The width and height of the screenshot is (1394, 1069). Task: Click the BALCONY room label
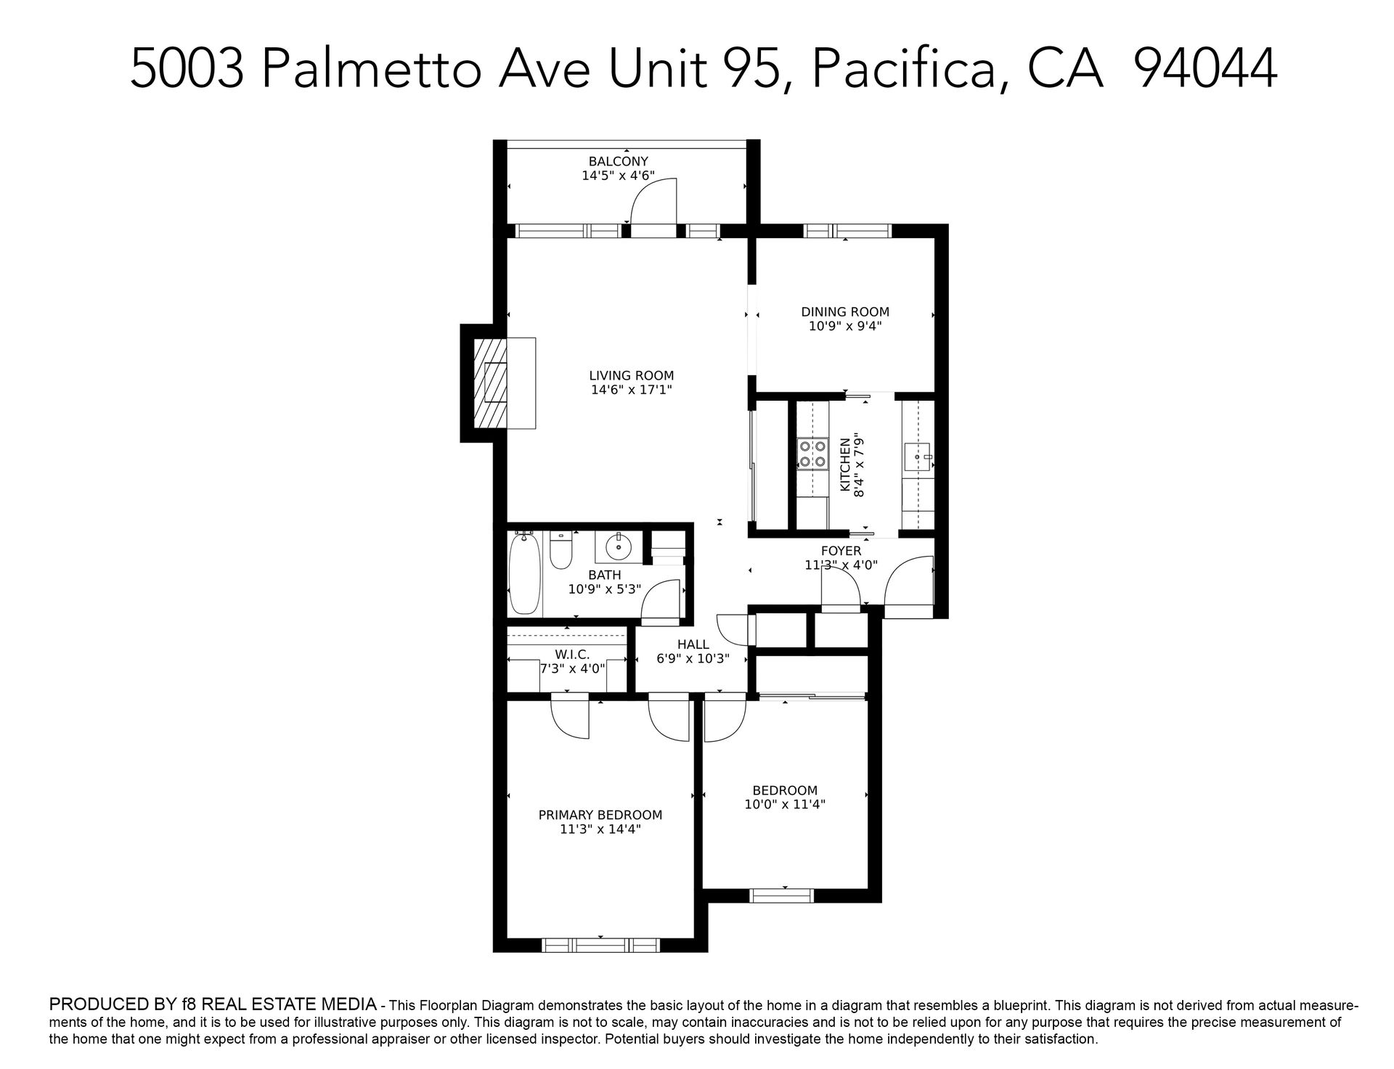[x=618, y=161]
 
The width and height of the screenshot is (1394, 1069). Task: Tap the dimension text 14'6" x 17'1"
[x=631, y=390]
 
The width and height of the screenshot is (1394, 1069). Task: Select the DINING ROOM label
[x=845, y=312]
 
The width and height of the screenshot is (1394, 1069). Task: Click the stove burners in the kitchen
[x=812, y=453]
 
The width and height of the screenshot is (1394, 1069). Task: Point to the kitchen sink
[x=918, y=457]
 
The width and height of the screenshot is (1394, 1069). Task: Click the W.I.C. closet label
[x=572, y=655]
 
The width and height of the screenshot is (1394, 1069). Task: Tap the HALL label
[x=693, y=644]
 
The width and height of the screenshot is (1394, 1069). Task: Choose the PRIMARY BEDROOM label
[x=600, y=815]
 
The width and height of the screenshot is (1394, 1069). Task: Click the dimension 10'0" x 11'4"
[x=785, y=804]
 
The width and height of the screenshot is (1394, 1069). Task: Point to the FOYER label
[x=841, y=552]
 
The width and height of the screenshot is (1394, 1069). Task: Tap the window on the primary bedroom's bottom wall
[x=600, y=945]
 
